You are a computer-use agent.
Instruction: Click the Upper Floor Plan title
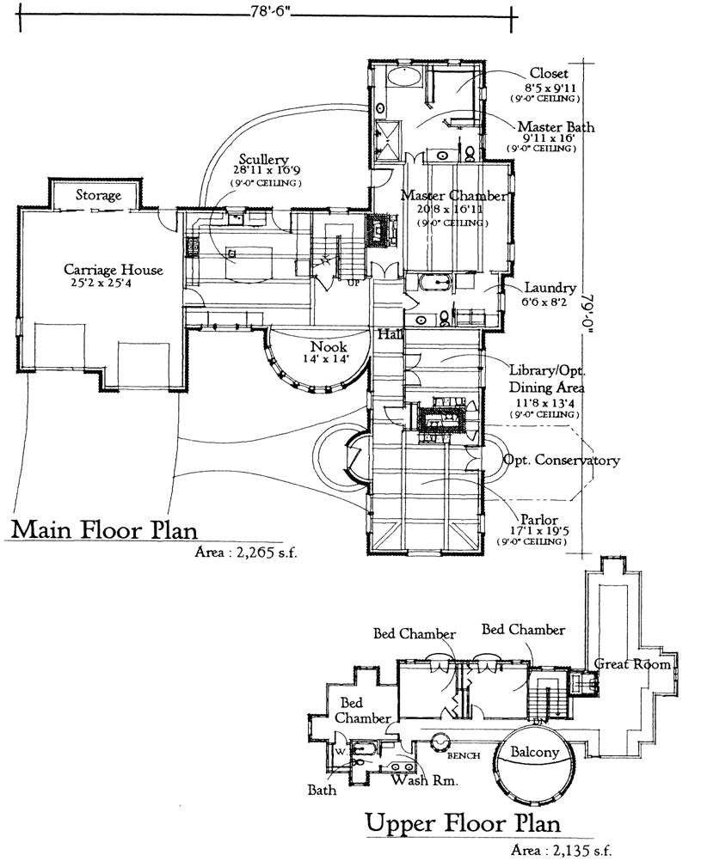(464, 823)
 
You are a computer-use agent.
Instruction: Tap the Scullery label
(263, 160)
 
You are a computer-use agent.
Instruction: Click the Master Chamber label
(453, 196)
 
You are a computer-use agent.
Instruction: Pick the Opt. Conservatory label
(561, 461)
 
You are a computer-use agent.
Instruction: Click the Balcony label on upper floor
(535, 753)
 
